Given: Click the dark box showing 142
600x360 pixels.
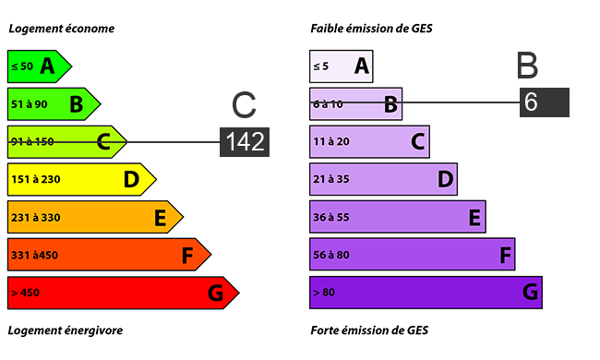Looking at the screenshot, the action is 245,142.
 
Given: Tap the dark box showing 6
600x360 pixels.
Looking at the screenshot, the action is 545,102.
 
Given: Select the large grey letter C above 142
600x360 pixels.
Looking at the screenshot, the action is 244,104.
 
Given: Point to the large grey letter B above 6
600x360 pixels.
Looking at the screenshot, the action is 527,66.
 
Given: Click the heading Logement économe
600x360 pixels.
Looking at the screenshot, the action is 62,29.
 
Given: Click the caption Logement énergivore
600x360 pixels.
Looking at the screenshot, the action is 66,330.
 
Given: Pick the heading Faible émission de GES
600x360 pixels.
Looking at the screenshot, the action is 371,29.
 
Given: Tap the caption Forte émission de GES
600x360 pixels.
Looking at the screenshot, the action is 369,330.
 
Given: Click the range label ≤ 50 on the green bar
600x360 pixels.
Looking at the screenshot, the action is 22,66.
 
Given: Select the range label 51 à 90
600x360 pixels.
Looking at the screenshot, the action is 30,104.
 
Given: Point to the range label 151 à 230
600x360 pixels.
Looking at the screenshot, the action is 36,179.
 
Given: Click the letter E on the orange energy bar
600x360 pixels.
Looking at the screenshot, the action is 161,218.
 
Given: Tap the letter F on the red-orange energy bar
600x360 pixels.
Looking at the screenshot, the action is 187,256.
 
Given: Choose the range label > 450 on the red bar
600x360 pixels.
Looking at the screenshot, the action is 25,293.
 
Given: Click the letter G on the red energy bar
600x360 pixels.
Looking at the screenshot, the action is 215,293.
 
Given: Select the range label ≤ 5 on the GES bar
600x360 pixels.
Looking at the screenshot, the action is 320,66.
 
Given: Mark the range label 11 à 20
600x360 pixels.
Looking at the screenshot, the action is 331,142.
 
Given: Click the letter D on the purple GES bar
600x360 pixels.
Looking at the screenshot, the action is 446,179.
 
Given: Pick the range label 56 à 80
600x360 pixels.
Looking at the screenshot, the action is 331,255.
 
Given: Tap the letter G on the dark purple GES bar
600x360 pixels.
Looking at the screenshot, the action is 531,293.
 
